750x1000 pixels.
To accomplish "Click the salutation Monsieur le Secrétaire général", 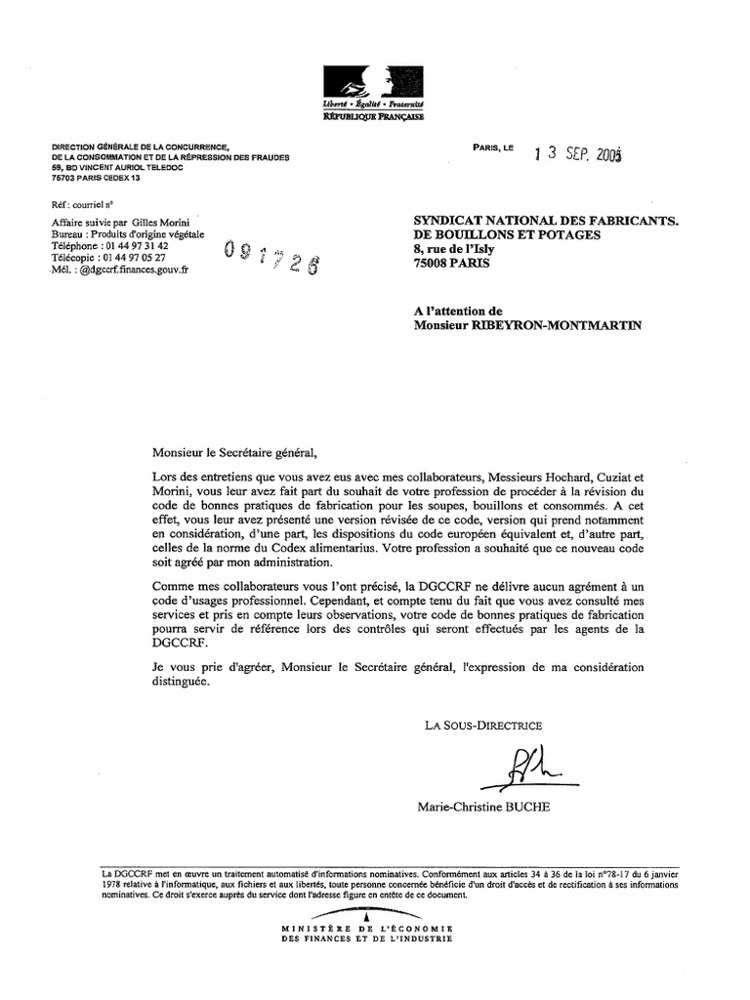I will (x=235, y=451).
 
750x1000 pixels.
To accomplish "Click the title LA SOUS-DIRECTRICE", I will (x=482, y=725).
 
